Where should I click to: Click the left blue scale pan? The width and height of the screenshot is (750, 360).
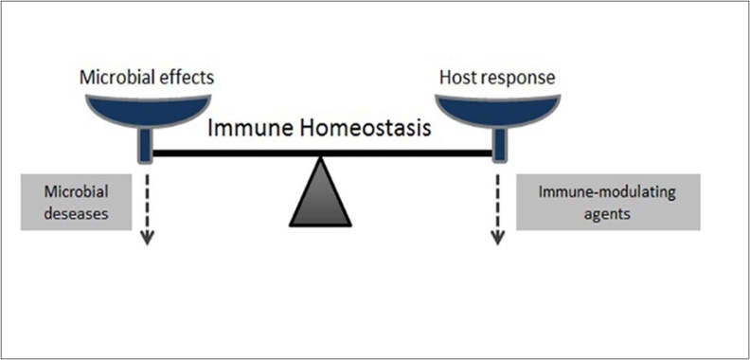click(x=146, y=107)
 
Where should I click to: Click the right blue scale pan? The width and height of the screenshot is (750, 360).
click(x=498, y=107)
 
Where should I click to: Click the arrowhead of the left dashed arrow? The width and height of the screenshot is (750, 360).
click(x=147, y=240)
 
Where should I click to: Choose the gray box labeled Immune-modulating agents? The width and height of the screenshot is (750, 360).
click(x=608, y=203)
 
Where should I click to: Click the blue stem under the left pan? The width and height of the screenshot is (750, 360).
click(x=146, y=143)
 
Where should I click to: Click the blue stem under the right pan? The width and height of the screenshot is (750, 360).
click(x=498, y=143)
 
